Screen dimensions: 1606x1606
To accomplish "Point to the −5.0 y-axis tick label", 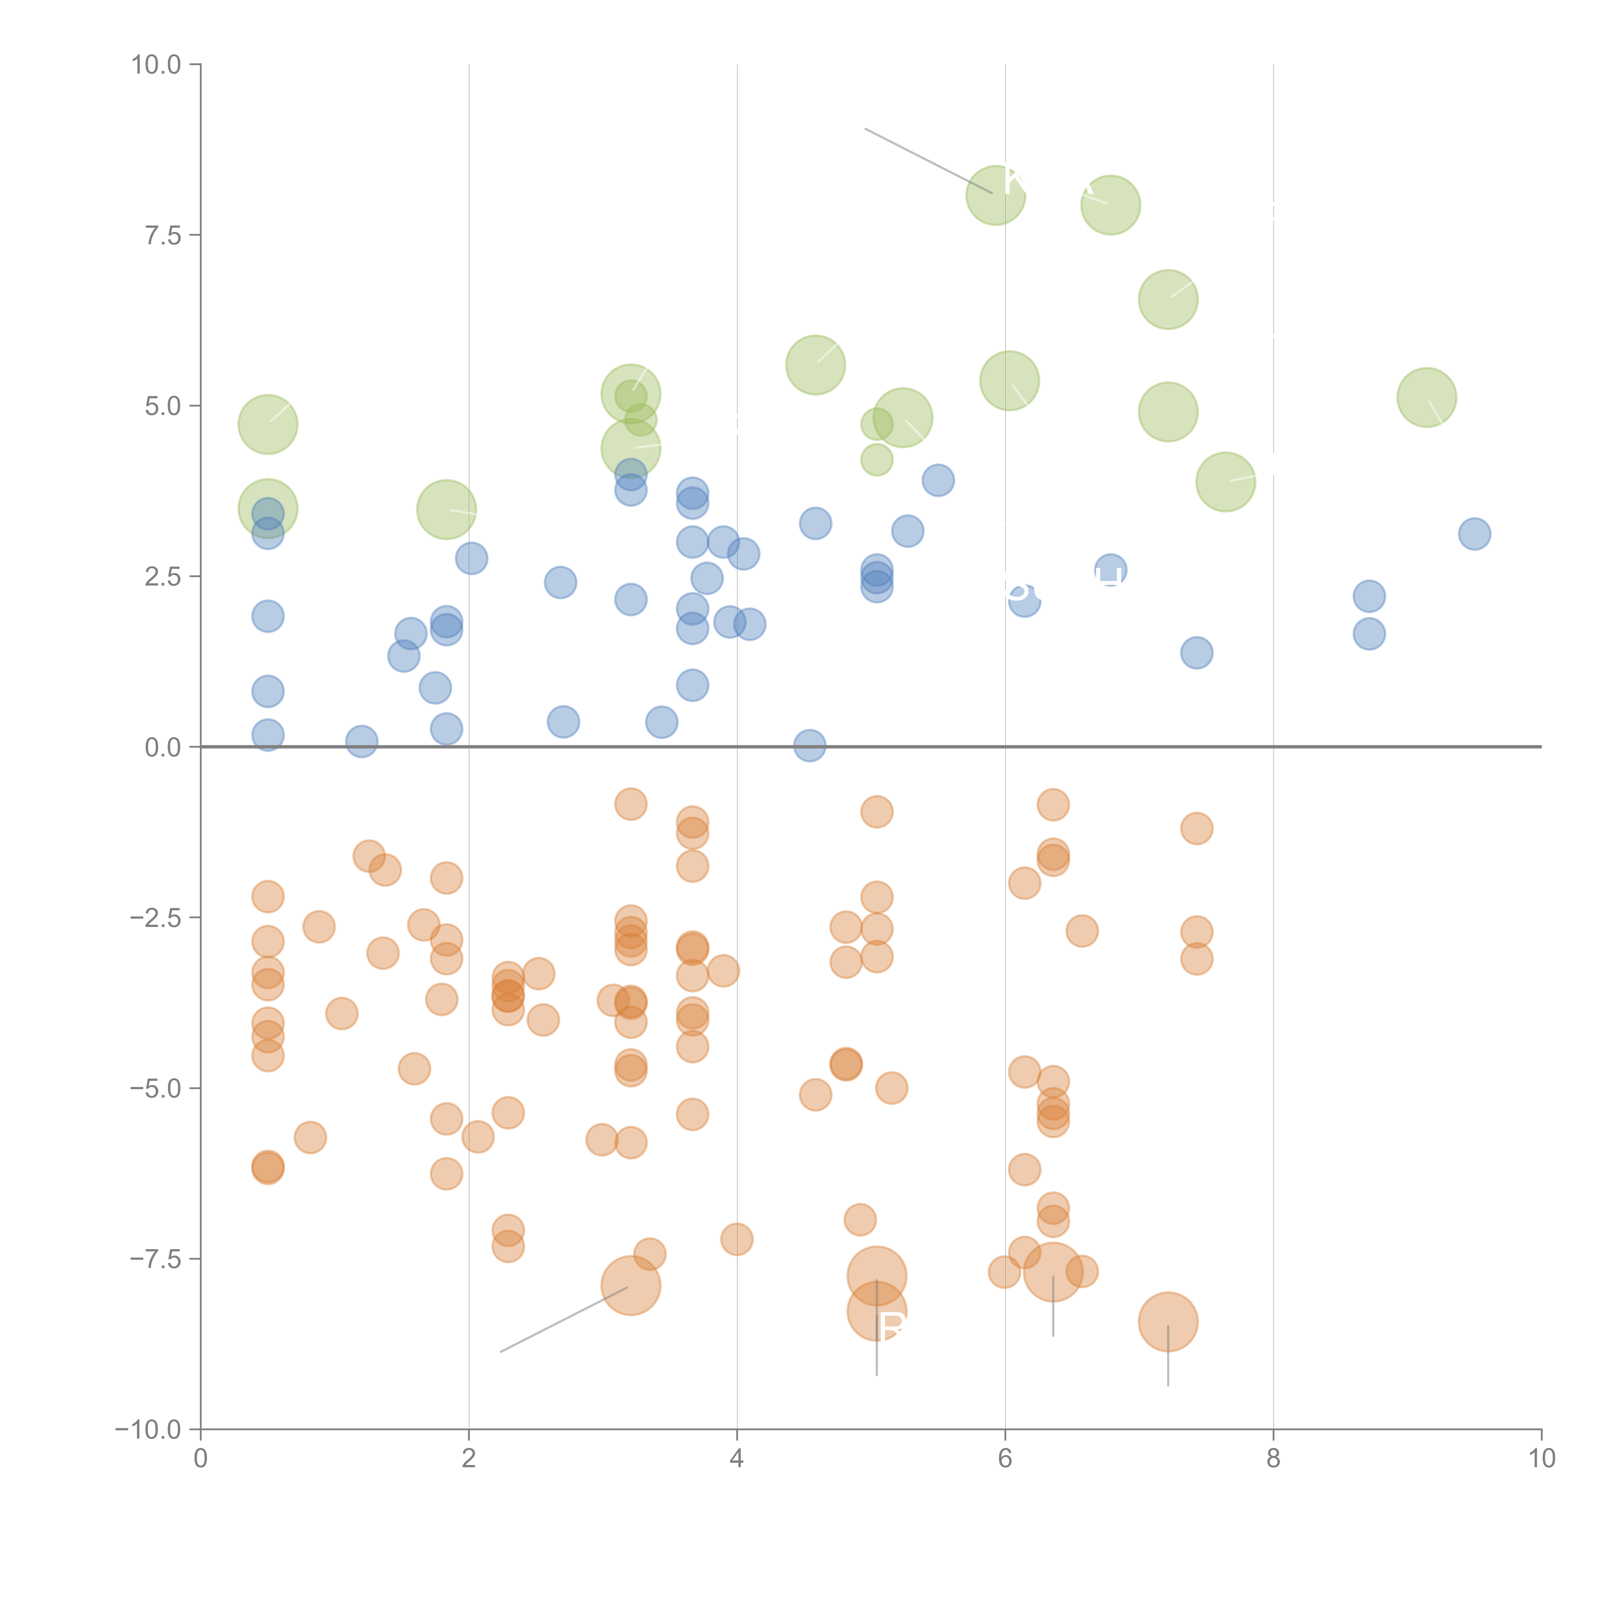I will [155, 1088].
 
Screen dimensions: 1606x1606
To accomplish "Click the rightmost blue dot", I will [1474, 534].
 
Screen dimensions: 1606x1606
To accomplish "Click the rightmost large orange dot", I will [1168, 1322].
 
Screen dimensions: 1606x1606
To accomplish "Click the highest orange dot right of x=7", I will [1196, 828].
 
